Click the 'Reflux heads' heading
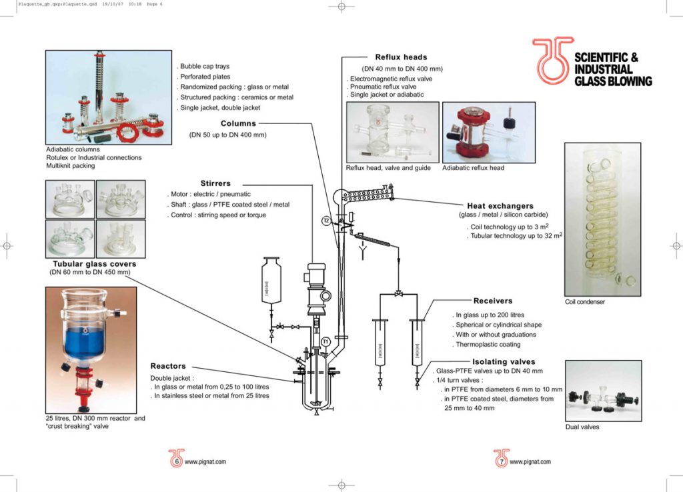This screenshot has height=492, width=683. coord(401,57)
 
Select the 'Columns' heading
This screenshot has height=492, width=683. coord(238,123)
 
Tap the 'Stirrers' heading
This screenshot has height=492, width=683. coord(215,183)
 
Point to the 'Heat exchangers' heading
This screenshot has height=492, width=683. coord(500,206)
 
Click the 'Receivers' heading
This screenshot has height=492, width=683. coord(493,301)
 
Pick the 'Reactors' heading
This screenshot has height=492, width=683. coord(168,366)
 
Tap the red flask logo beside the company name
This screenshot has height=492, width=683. coord(551,60)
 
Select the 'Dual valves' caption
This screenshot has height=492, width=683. coord(582,427)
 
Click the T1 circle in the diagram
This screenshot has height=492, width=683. coord(325,341)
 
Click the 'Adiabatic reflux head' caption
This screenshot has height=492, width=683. coord(473,168)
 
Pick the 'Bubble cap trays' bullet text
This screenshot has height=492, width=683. coord(205,67)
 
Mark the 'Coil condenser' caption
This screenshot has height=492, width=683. coord(584,302)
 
